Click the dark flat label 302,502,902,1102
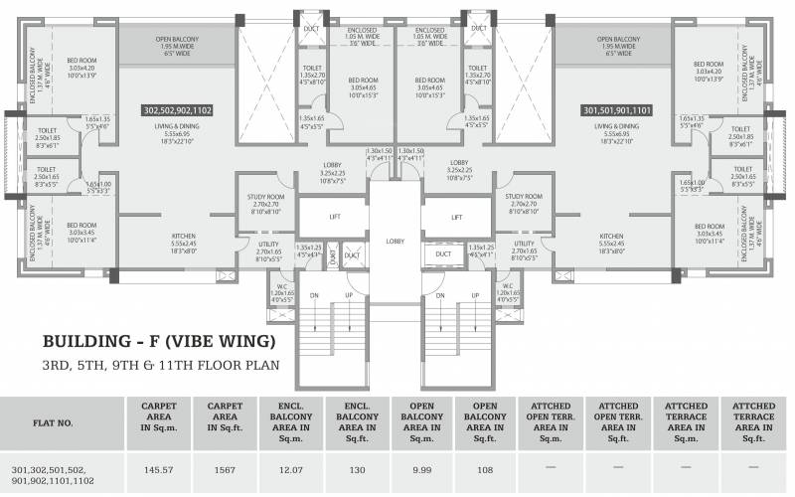pos(186,111)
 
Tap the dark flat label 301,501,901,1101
pos(616,111)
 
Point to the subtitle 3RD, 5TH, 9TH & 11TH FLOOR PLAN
pos(160,365)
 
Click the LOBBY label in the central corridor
pos(396,241)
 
